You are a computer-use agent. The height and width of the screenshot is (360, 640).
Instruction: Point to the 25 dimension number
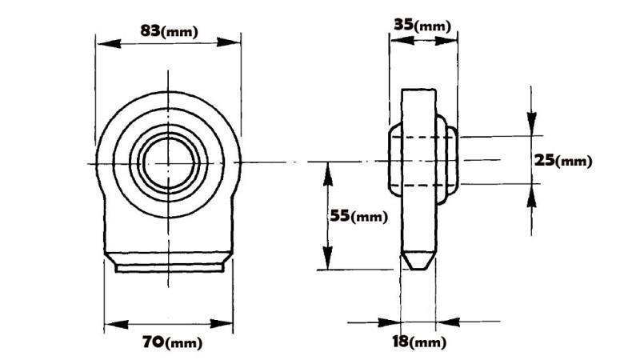(x=545, y=160)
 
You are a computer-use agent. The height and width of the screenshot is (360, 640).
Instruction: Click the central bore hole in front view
(x=167, y=162)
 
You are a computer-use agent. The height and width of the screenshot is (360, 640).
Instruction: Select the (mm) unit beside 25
(x=574, y=162)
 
